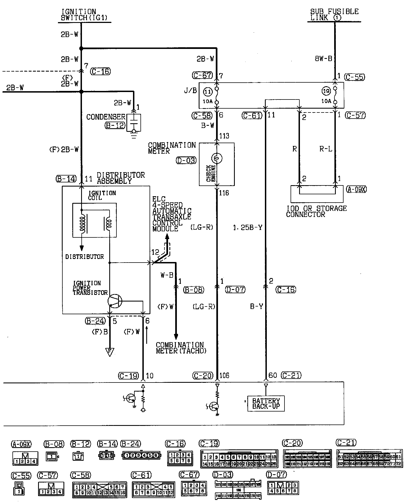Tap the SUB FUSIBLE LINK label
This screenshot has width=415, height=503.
[x=334, y=15]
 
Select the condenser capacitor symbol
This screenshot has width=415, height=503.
[x=134, y=122]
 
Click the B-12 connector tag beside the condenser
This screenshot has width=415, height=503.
[x=115, y=125]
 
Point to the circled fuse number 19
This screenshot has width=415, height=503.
[x=326, y=91]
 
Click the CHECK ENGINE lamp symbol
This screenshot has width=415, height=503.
[x=217, y=158]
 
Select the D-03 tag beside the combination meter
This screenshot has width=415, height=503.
[x=186, y=160]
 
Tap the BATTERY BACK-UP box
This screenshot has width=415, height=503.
[x=266, y=404]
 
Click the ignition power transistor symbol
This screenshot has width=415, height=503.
[x=115, y=301]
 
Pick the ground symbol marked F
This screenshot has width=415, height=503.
[x=110, y=352]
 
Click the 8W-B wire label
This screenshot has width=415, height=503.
[x=323, y=59]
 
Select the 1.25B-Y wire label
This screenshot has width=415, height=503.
[x=248, y=228]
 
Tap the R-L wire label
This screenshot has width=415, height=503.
[x=326, y=149]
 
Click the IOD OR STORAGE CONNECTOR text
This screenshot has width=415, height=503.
[x=316, y=211]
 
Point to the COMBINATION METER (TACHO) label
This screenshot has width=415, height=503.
[x=181, y=348]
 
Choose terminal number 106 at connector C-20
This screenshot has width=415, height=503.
[x=224, y=376]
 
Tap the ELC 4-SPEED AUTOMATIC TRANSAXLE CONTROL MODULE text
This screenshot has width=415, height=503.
[x=172, y=214]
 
